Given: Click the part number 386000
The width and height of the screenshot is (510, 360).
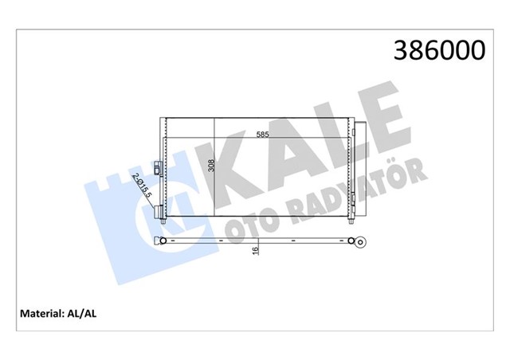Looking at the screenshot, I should tap(437, 50).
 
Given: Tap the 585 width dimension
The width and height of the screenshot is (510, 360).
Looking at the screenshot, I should tap(263, 135).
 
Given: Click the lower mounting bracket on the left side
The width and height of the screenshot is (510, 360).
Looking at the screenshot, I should tap(161, 211).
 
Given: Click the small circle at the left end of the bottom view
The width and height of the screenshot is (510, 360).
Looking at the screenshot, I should tap(162, 239).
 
